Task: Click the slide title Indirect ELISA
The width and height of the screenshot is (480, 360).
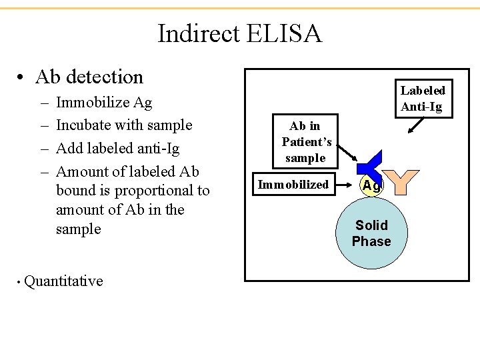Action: [x=239, y=33]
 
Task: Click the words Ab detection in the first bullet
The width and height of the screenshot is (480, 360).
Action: [x=89, y=77]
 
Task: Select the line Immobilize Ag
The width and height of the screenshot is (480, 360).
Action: [x=104, y=103]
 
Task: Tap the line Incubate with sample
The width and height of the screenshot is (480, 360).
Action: [x=124, y=125]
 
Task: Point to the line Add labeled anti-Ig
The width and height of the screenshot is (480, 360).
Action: [x=118, y=148]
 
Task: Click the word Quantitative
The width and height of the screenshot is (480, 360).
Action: [x=63, y=281]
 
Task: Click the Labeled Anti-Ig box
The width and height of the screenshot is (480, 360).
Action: [x=422, y=99]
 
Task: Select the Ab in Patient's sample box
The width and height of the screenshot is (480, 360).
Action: [x=307, y=142]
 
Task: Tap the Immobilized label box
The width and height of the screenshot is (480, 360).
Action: [x=293, y=185]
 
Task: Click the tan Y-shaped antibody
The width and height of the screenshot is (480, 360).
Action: [x=402, y=181]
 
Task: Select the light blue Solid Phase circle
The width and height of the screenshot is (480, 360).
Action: [x=371, y=233]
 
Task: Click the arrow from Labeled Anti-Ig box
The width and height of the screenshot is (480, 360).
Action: [x=417, y=125]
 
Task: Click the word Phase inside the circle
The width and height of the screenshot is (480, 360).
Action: [x=371, y=241]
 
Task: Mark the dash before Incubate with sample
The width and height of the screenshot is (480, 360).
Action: [x=43, y=126]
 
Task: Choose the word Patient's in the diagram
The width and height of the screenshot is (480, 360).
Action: [x=307, y=142]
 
